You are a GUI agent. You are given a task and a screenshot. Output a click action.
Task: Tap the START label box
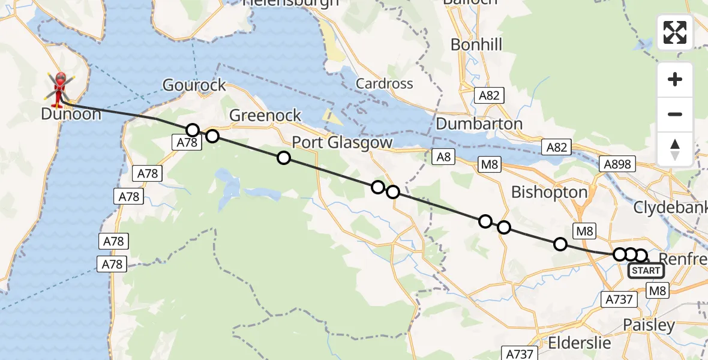coord(646,271)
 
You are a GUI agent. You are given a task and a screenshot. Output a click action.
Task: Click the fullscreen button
coord(675,32)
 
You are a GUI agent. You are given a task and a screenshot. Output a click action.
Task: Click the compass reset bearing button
coord(675,149)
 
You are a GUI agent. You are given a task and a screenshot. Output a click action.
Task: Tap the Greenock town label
coord(265,115)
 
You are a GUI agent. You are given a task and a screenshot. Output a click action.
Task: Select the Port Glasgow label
coord(342,143)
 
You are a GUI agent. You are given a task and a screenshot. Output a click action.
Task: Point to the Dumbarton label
coord(479,124)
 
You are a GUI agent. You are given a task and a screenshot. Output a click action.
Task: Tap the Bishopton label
coord(549,192)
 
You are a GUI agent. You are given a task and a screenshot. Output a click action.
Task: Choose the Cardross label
coord(385,83)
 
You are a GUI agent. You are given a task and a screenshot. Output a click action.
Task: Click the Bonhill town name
coord(476,44)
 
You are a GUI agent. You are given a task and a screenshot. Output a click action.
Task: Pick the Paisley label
coord(649,325)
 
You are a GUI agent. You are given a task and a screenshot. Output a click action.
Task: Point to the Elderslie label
coord(579,343)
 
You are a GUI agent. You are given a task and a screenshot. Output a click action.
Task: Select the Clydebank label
coord(671,208)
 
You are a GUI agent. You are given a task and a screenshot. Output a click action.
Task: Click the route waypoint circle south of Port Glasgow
coord(283,158)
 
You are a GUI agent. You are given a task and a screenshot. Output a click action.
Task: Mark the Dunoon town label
coord(71,113)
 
